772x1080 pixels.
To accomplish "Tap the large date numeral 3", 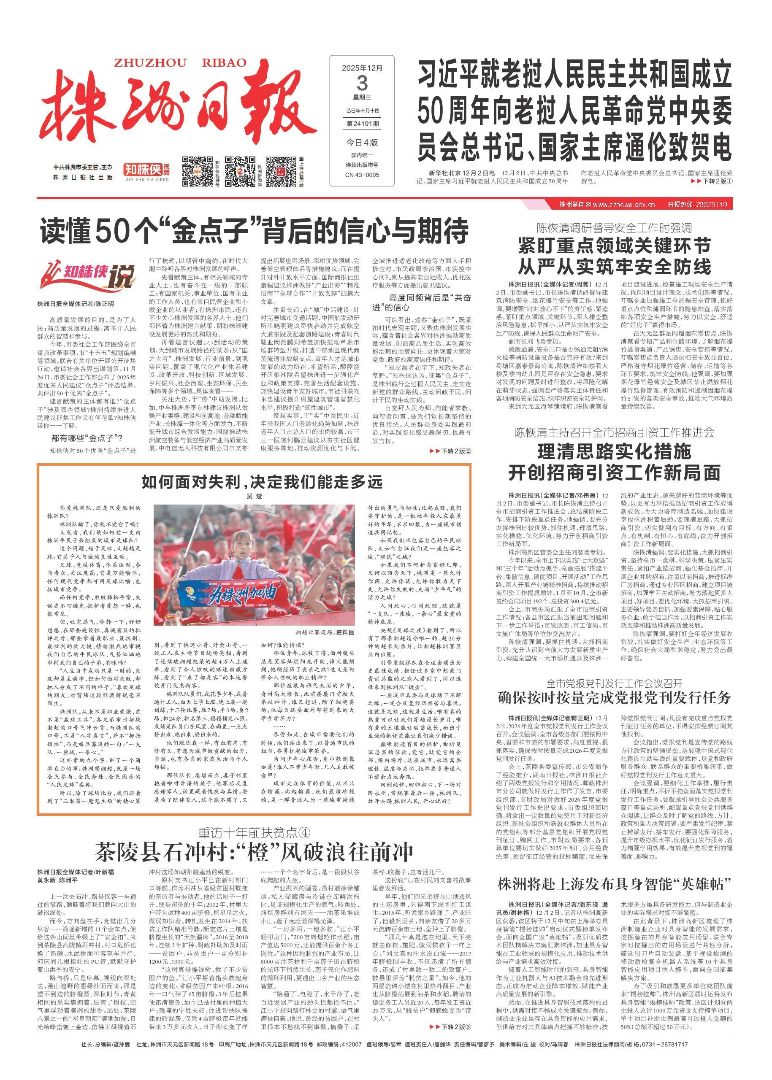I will pos(362,84).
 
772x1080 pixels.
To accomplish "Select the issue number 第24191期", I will pos(362,124).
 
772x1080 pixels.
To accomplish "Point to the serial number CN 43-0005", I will pos(362,175).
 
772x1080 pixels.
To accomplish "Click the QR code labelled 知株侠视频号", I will pos(197,171).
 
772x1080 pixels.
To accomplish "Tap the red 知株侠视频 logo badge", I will pos(146,170).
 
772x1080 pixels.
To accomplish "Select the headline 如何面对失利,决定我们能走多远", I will pos(262,483).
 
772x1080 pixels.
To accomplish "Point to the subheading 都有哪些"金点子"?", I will pos(87,438).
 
